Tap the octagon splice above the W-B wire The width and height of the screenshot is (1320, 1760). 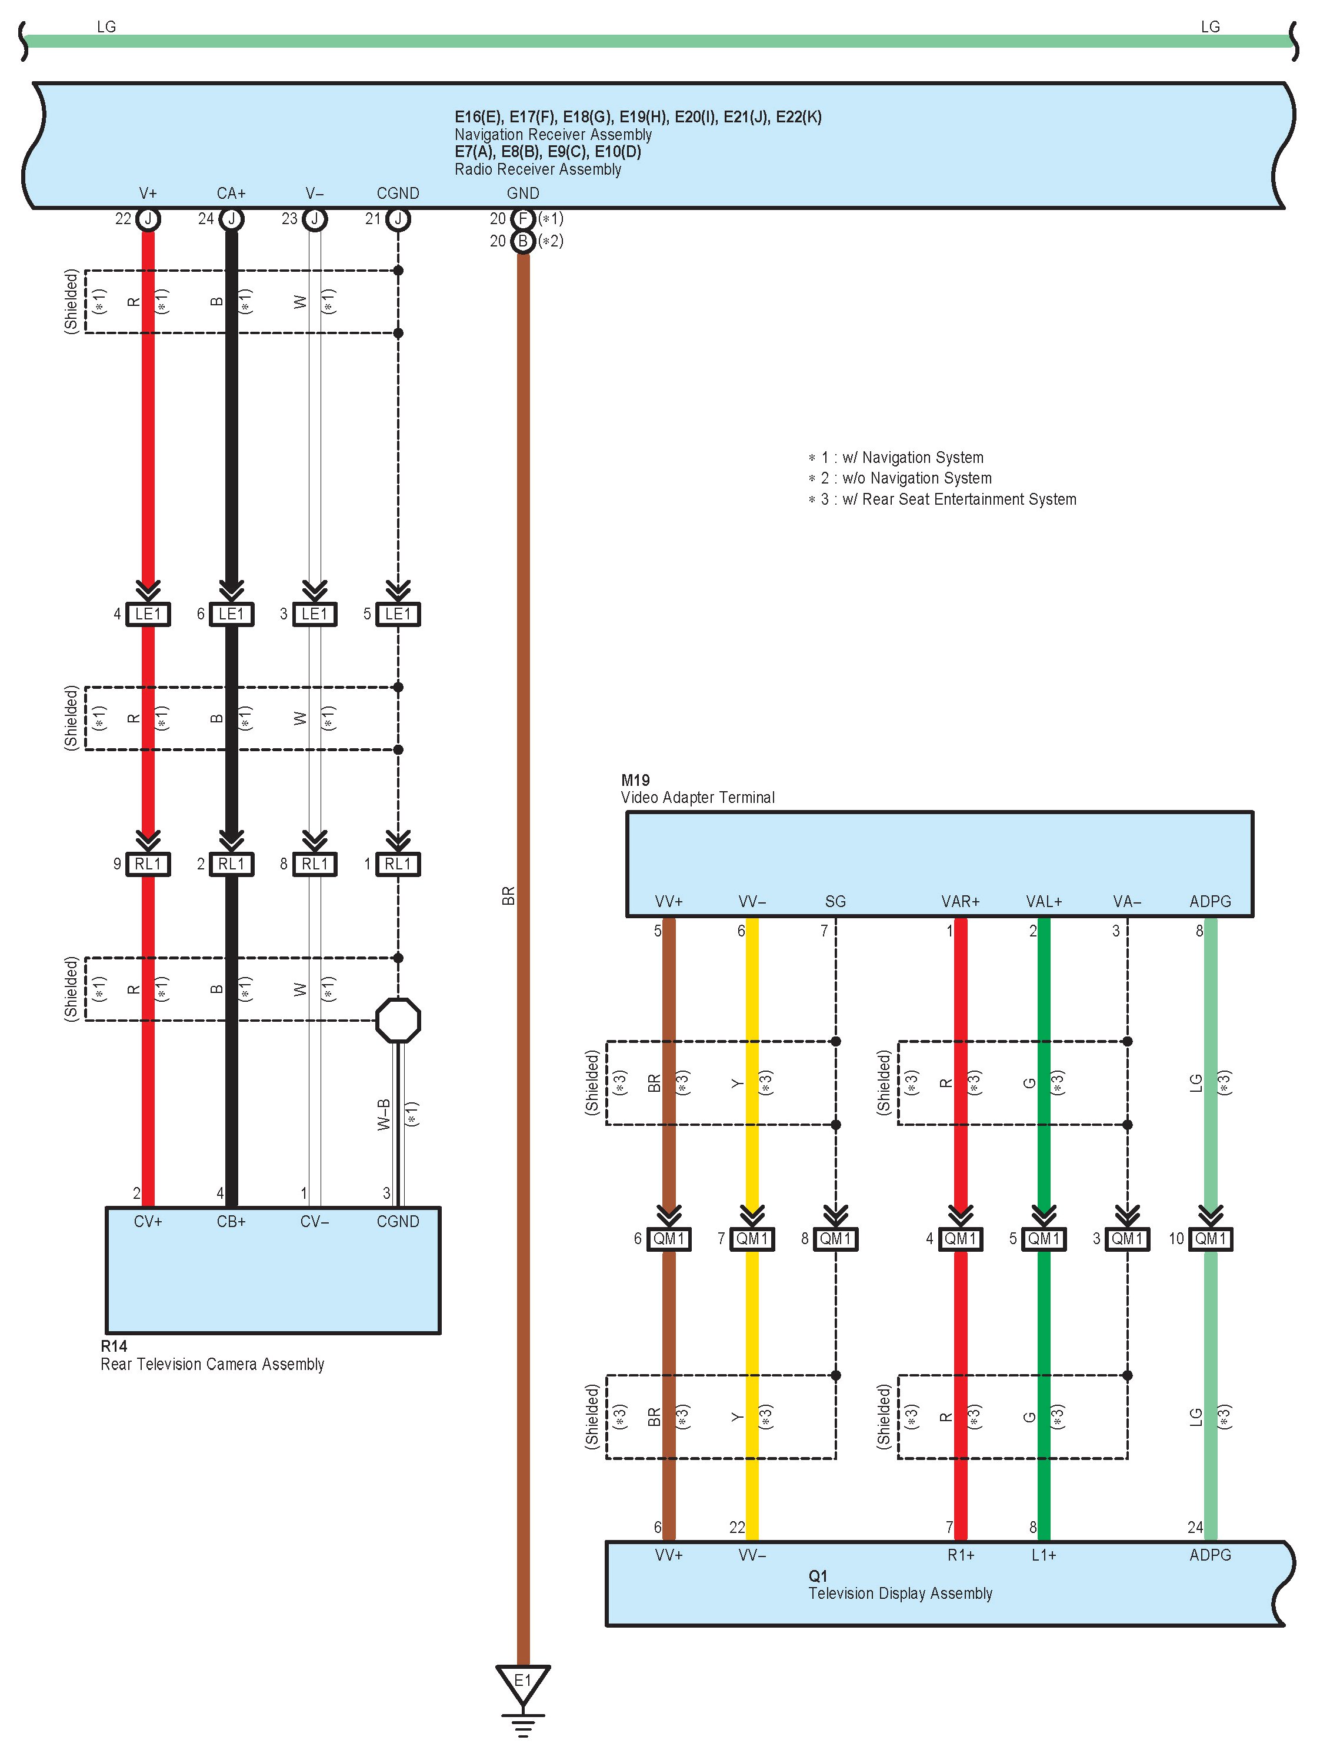398,1020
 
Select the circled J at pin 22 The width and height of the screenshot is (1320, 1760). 148,219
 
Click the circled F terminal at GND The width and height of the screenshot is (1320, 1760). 523,219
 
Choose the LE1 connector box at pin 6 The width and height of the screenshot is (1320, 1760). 232,614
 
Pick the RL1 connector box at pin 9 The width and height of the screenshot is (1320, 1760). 148,864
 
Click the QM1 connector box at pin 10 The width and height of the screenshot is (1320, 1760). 1210,1239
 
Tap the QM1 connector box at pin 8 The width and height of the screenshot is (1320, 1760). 835,1239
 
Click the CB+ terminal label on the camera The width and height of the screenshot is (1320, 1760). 232,1221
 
